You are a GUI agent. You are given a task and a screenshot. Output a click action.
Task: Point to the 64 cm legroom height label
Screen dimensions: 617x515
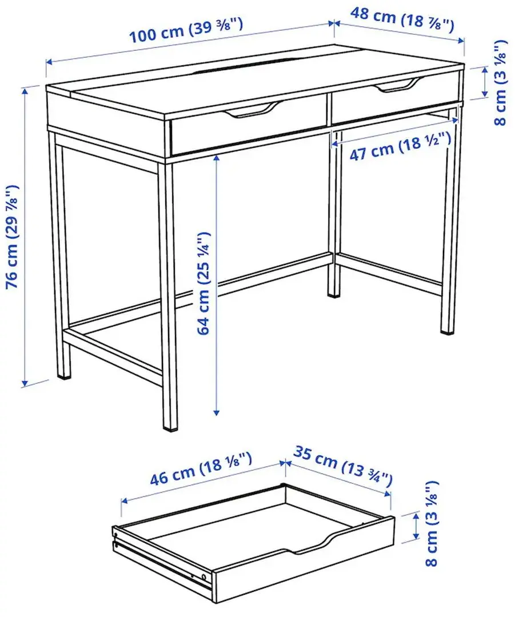pyautogui.click(x=205, y=283)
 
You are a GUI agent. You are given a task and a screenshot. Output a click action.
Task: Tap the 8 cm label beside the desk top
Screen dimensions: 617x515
pyautogui.click(x=500, y=83)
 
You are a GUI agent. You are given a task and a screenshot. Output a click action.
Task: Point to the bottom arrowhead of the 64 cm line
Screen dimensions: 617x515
pyautogui.click(x=217, y=411)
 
